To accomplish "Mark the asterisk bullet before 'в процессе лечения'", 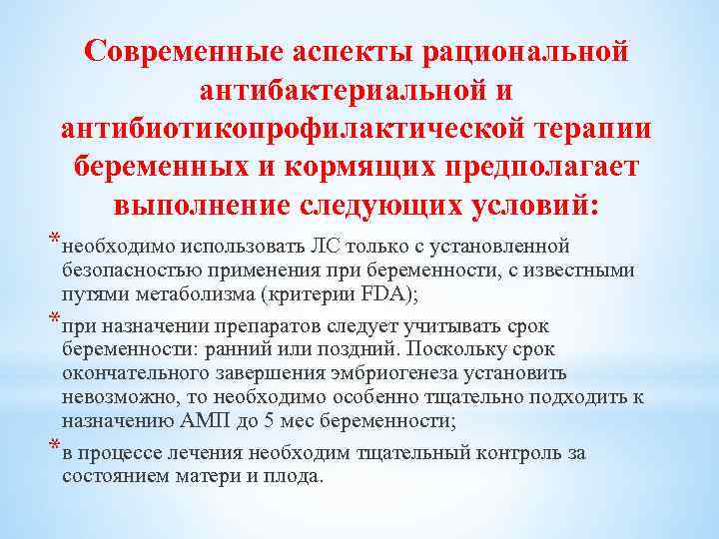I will point(53,447).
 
